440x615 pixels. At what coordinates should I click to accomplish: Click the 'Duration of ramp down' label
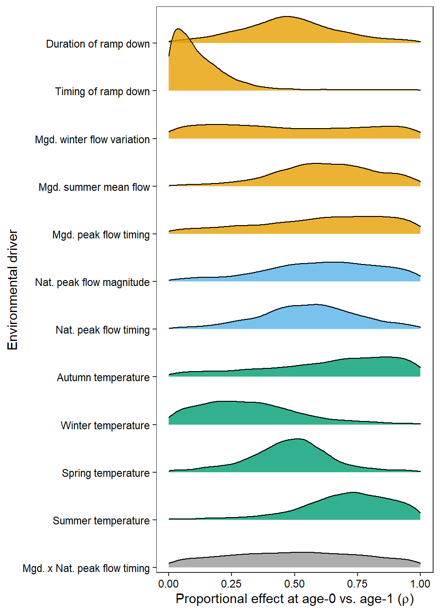(98, 44)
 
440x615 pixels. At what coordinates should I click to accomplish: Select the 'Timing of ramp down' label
(102, 92)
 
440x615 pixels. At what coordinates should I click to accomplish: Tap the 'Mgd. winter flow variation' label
(92, 140)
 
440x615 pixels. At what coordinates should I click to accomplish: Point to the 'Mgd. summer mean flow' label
(94, 187)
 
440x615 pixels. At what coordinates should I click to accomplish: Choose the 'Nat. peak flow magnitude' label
(92, 282)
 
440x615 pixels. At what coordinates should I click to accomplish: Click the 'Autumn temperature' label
(103, 378)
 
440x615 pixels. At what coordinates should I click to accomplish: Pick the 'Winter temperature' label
(105, 426)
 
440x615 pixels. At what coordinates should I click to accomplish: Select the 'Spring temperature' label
(105, 473)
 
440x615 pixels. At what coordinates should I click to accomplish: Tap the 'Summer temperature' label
(101, 521)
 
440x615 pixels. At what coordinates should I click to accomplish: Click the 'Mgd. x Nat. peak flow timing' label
(86, 568)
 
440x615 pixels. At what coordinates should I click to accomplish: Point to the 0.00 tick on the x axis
(169, 584)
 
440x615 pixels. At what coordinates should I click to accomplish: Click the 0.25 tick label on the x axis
(231, 584)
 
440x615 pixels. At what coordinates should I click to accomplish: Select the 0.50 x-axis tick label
(294, 584)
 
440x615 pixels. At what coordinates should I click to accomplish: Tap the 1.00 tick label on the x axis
(420, 584)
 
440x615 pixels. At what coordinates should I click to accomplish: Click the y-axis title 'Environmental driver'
(13, 290)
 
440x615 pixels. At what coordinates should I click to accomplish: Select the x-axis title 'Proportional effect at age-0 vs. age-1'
(294, 599)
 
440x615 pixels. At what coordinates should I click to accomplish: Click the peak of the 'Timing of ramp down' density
(178, 29)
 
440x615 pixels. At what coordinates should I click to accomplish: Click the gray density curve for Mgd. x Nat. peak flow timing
(294, 560)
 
